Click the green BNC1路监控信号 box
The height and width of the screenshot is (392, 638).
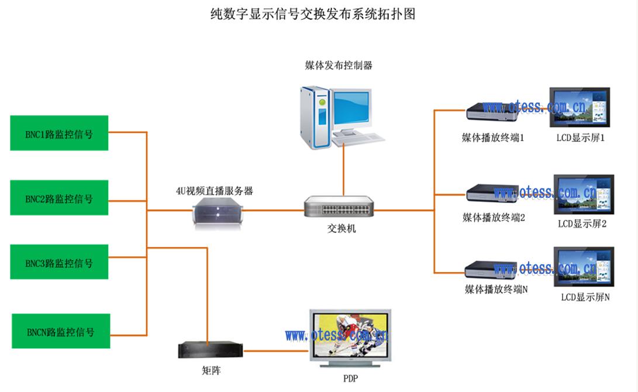click(59, 133)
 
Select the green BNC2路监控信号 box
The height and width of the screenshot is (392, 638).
click(59, 198)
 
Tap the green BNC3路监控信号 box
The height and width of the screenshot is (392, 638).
click(59, 262)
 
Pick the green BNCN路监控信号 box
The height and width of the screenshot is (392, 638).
click(61, 331)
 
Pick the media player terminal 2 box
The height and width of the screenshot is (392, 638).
click(492, 193)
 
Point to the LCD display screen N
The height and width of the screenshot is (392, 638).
click(583, 267)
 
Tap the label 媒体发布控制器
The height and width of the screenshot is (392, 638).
click(339, 66)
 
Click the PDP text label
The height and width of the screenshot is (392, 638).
click(350, 378)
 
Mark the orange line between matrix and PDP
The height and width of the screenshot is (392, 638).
click(275, 351)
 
